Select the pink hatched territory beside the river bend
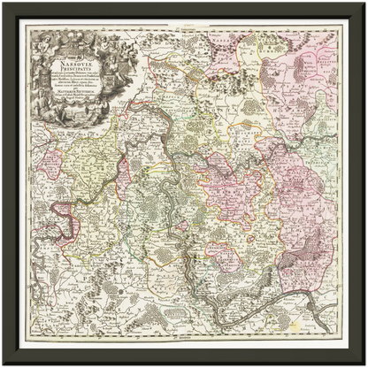pyautogui.click(x=61, y=211)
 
